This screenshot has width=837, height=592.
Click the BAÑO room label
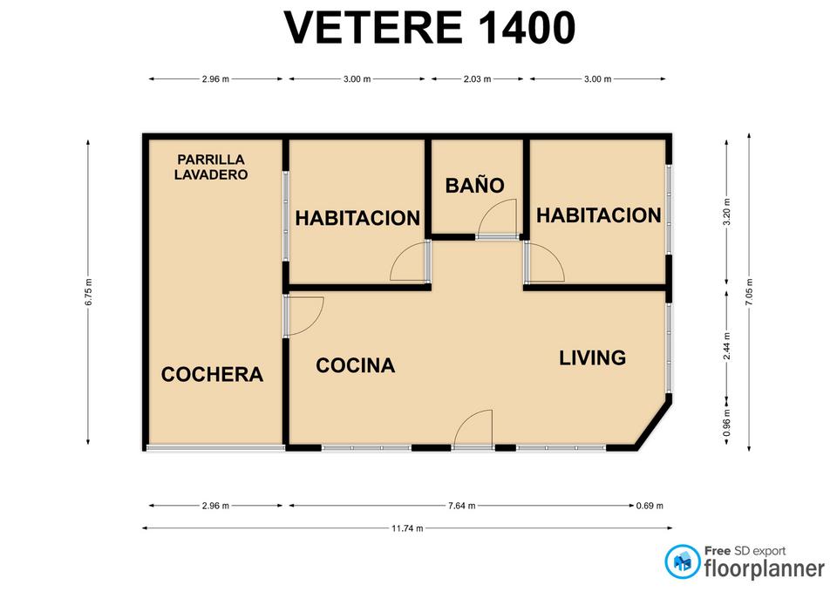[474, 185]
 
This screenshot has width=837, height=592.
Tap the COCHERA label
[212, 374]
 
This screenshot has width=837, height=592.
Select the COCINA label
[356, 365]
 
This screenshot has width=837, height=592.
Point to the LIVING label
[593, 357]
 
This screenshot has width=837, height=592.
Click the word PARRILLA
[211, 159]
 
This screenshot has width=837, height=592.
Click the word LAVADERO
[211, 174]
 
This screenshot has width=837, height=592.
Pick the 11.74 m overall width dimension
[407, 528]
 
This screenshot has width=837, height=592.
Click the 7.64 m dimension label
[462, 506]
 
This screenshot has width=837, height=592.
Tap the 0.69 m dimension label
[650, 506]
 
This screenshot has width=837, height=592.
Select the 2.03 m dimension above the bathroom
[477, 79]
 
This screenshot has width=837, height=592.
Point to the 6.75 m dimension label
[89, 292]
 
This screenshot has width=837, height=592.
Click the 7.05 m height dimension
[750, 292]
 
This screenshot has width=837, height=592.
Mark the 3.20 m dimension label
[726, 212]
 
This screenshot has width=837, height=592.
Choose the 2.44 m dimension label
[726, 346]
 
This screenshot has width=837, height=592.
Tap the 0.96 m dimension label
[726, 423]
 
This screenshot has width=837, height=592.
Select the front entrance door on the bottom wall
[473, 427]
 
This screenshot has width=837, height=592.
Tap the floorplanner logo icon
[683, 561]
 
